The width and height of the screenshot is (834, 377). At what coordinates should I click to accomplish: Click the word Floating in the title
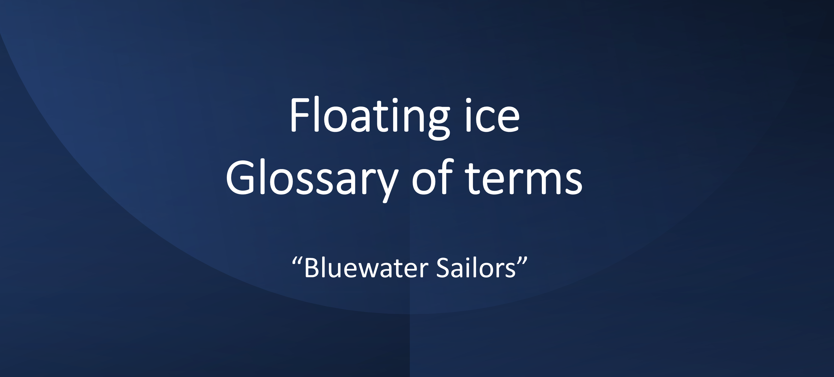pyautogui.click(x=369, y=116)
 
